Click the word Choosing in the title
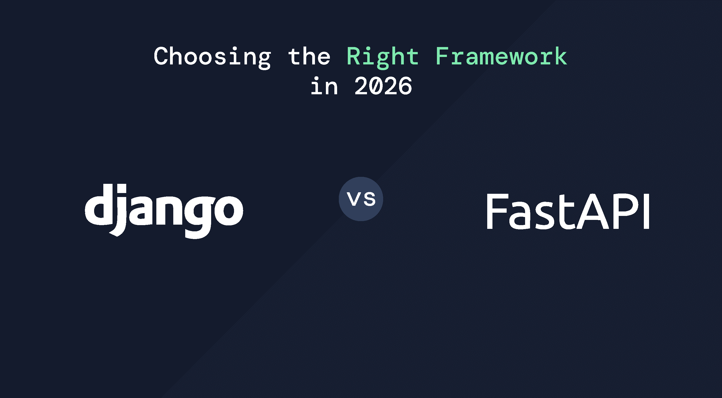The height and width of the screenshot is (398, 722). (x=212, y=57)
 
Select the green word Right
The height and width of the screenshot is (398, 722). (x=383, y=57)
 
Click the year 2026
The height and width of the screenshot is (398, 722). (x=383, y=86)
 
